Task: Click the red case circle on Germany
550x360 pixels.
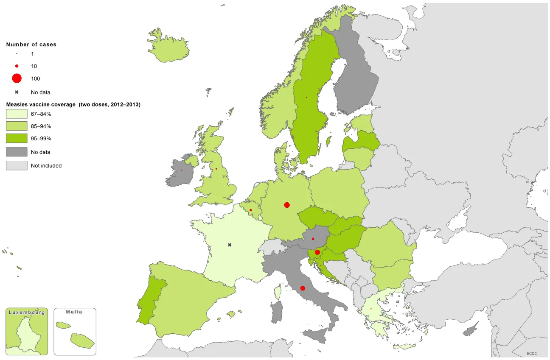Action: (x=287, y=205)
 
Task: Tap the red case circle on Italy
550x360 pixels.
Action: (x=303, y=288)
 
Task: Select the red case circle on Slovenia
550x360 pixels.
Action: (x=317, y=252)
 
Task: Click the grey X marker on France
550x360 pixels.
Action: (x=230, y=245)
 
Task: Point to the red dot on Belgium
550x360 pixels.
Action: (x=251, y=210)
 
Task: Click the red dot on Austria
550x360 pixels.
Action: (x=313, y=239)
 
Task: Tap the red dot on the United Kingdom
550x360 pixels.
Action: (x=216, y=169)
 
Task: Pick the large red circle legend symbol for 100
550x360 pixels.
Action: (x=17, y=78)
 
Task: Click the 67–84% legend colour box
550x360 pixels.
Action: (x=17, y=114)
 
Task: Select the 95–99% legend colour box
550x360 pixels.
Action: (x=17, y=139)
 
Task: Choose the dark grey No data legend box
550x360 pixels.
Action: (x=17, y=152)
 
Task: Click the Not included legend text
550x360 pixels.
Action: (x=46, y=166)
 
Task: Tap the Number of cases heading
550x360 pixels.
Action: (x=31, y=45)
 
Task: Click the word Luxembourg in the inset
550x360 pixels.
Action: (x=27, y=313)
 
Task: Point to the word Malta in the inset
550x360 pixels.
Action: (x=74, y=312)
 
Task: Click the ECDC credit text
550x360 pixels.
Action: (x=532, y=353)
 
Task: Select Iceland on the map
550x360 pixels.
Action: (x=169, y=45)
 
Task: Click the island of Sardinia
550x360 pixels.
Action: (x=277, y=313)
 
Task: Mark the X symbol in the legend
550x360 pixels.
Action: (x=17, y=92)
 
